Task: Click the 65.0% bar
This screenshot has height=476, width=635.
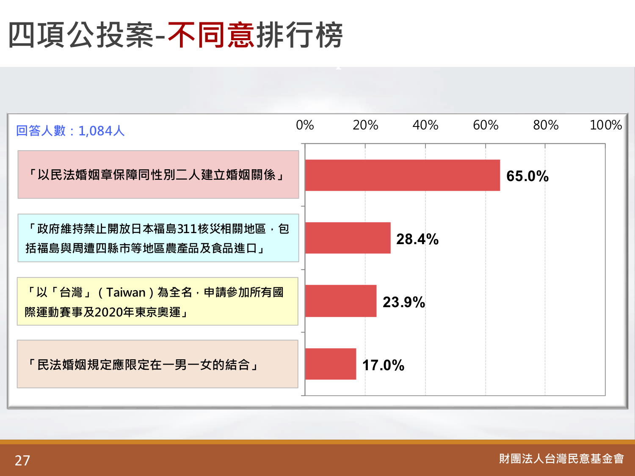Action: [x=403, y=175]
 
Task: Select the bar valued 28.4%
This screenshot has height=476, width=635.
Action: [x=348, y=238]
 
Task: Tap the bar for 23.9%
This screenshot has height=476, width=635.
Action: [x=341, y=301]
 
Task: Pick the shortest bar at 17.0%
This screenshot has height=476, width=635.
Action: [x=331, y=364]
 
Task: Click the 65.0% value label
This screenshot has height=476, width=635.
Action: [x=527, y=176]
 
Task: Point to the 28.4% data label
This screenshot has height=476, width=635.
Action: [x=417, y=239]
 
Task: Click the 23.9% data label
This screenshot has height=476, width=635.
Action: [x=404, y=302]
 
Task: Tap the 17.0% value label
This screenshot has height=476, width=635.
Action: [x=383, y=365]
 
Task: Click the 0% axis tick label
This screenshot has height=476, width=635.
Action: [x=305, y=125]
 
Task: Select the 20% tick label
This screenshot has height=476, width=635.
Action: [x=365, y=125]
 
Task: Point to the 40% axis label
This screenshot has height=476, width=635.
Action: [x=425, y=125]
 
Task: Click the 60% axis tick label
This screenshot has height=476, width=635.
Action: [x=486, y=125]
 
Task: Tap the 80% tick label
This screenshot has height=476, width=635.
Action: [x=546, y=125]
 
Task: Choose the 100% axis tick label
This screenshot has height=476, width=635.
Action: [x=606, y=125]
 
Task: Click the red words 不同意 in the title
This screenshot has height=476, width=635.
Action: [x=211, y=35]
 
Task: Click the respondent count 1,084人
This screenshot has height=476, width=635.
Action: [x=102, y=131]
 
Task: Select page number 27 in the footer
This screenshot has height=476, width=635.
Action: [x=22, y=460]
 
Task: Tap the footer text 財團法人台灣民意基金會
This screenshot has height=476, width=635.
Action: [x=561, y=459]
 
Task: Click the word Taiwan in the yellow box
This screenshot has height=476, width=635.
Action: [x=126, y=292]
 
